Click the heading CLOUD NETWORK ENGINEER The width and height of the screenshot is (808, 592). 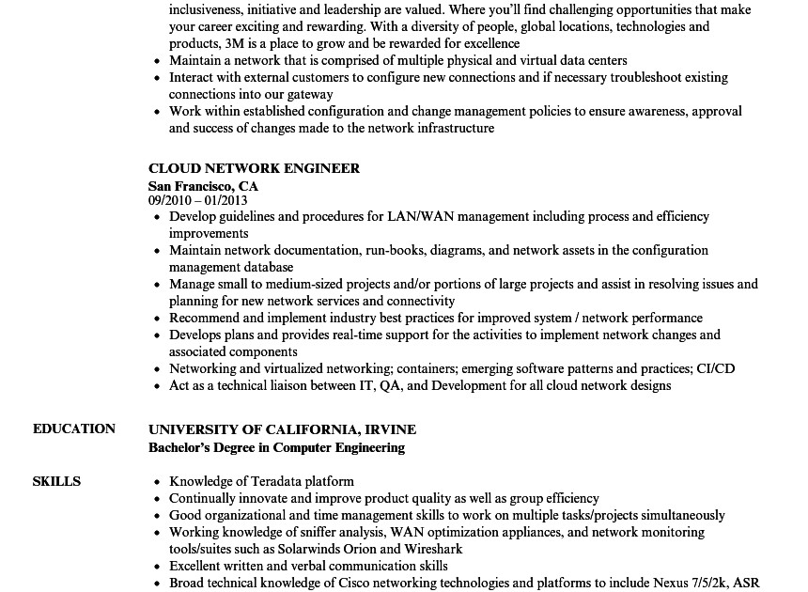[254, 168]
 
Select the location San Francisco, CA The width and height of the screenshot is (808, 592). [203, 186]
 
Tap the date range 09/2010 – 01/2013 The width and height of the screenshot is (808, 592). [197, 200]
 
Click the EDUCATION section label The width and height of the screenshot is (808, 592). [74, 428]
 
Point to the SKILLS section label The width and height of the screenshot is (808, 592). [56, 481]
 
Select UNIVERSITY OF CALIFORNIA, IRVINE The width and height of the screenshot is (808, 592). [282, 429]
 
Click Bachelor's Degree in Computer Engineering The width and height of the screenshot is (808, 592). [276, 447]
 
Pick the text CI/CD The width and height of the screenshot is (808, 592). [716, 368]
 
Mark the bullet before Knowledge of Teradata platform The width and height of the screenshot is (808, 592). [156, 482]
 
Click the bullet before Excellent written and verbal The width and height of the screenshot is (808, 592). [156, 567]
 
